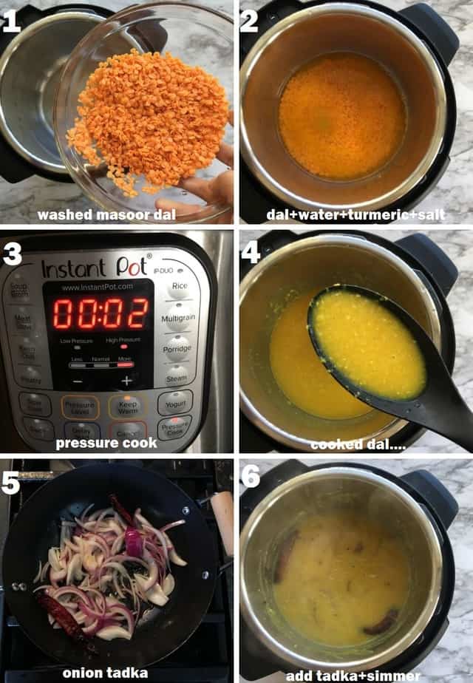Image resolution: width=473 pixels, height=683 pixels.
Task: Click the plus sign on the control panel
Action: point(126,381)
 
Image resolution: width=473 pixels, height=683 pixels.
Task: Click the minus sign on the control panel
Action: point(77,381)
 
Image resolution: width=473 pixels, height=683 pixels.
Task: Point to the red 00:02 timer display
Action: point(100,314)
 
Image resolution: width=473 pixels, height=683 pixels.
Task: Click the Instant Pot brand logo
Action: point(96,268)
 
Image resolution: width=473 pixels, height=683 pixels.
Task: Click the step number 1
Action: point(12,22)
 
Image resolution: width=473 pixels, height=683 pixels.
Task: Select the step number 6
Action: point(250,478)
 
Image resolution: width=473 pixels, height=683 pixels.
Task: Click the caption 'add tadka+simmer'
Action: point(353,675)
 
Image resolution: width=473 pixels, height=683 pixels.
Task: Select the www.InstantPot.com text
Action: point(98,287)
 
